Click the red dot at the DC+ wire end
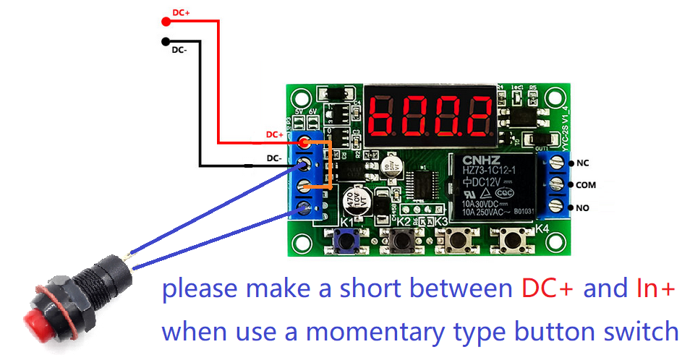point(166,20)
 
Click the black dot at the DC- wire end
point(166,41)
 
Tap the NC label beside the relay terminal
point(582,163)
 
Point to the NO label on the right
point(582,207)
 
